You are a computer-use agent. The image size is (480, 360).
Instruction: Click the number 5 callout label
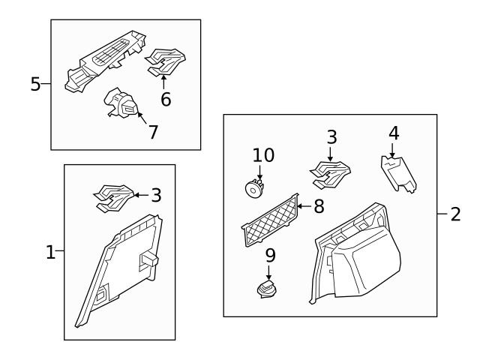(35, 83)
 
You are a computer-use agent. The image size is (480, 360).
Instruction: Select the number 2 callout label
(455, 214)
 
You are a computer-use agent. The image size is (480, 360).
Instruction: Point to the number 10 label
(263, 155)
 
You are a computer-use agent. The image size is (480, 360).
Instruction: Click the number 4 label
(394, 133)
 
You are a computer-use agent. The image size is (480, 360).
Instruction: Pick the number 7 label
(153, 132)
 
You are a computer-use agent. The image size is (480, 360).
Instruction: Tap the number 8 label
(319, 206)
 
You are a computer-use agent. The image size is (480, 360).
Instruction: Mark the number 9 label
(270, 255)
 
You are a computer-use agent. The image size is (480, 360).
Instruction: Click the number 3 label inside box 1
(155, 196)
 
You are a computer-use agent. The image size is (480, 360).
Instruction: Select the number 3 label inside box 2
(331, 137)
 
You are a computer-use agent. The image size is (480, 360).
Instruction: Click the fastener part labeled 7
(122, 105)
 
